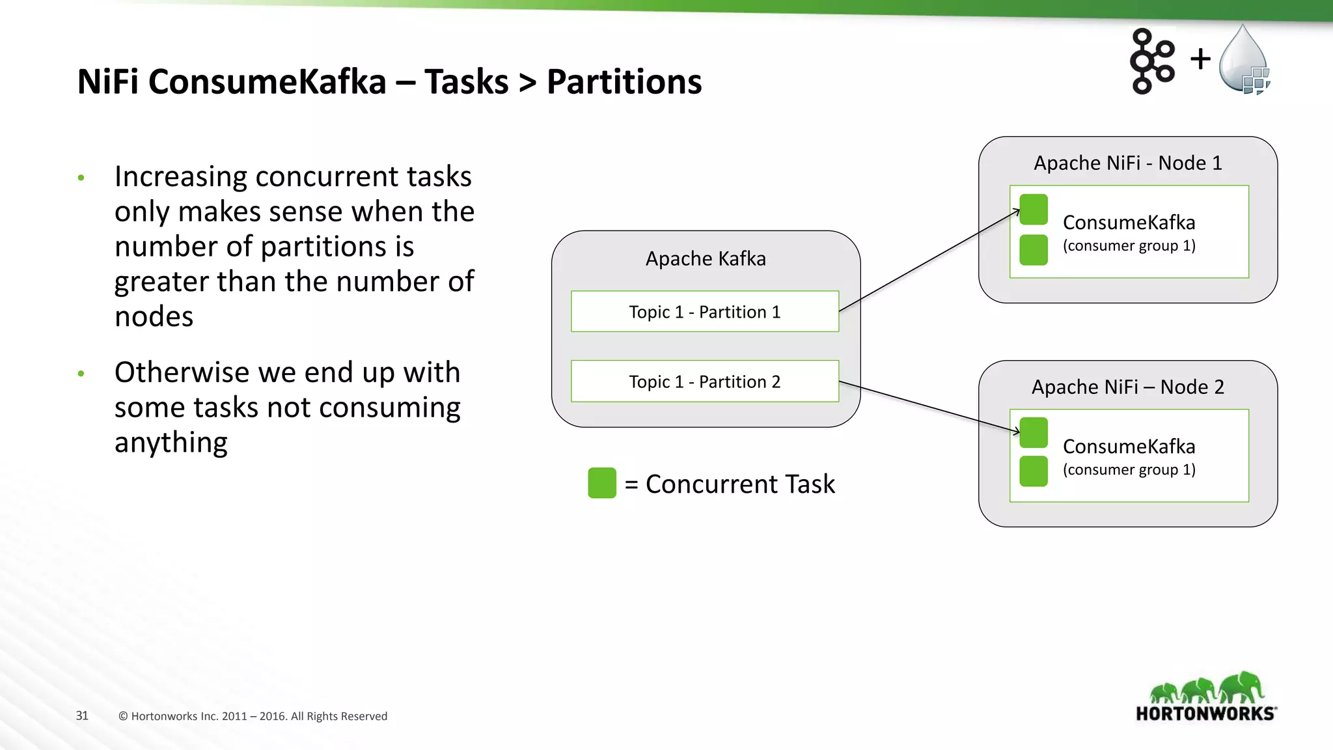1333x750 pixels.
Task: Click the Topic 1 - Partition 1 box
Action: [x=705, y=312]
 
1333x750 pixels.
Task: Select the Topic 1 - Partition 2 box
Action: [x=705, y=382]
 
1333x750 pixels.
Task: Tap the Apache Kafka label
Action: [x=706, y=258]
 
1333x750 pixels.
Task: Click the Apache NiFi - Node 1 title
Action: [x=1127, y=163]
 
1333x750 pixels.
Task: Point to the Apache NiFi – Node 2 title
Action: [x=1127, y=387]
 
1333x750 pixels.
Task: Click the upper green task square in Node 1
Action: [x=1034, y=209]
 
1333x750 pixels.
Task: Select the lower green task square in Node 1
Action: [x=1034, y=250]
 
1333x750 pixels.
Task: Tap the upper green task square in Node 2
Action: [x=1034, y=433]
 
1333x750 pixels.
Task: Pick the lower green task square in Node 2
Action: [x=1034, y=471]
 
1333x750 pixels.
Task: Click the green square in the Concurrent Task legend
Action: [x=601, y=483]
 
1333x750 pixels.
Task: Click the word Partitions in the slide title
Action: [x=624, y=82]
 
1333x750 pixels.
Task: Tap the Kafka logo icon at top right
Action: [x=1152, y=61]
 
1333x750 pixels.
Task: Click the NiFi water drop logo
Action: [x=1244, y=60]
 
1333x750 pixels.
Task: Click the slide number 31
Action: [x=82, y=715]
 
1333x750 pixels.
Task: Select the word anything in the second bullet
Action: [x=171, y=443]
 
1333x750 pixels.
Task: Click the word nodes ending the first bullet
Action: [x=154, y=317]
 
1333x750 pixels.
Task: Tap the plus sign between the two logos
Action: [x=1200, y=59]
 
